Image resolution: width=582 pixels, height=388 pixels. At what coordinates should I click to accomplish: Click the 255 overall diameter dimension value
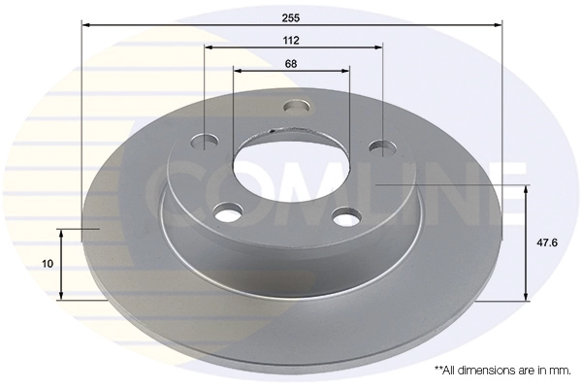291,17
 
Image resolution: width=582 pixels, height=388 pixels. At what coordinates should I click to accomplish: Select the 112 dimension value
291,40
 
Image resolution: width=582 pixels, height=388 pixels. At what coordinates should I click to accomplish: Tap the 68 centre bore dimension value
291,64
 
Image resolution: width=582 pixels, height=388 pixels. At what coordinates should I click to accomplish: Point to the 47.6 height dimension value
547,242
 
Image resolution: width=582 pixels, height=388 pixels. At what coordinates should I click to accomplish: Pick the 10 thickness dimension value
48,264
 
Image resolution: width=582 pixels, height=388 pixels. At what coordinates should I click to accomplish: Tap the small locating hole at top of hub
296,106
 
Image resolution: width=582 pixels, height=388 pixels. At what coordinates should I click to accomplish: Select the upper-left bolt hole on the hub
205,142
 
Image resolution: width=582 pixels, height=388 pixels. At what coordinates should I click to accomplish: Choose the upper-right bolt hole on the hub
382,147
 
